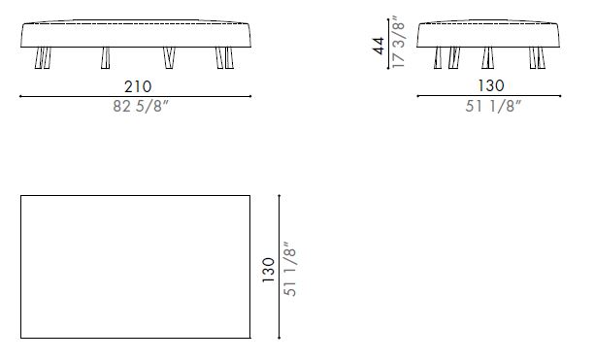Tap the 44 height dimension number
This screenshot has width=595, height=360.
pos(381,46)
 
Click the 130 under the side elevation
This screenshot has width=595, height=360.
pos(487,85)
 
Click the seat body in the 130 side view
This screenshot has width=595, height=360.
pos(487,34)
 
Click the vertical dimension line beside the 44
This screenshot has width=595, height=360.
pos(408,44)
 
